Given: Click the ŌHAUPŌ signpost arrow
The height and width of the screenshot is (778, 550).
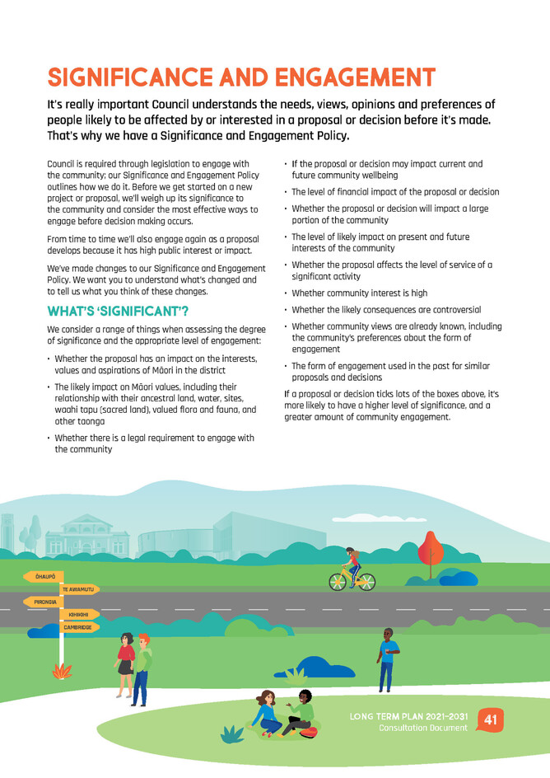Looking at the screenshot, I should [44, 576].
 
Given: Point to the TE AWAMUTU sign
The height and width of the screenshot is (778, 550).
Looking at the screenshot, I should [80, 589].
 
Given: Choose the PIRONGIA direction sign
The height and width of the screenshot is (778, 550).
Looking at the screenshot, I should [43, 602].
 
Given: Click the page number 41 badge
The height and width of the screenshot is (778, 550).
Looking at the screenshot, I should [491, 720].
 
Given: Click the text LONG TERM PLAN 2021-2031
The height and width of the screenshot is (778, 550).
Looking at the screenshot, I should [408, 715].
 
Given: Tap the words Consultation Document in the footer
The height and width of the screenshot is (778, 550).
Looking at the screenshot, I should [422, 728].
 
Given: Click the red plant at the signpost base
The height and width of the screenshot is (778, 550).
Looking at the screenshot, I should [62, 672].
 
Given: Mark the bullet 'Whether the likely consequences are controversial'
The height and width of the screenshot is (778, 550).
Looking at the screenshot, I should [386, 310].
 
